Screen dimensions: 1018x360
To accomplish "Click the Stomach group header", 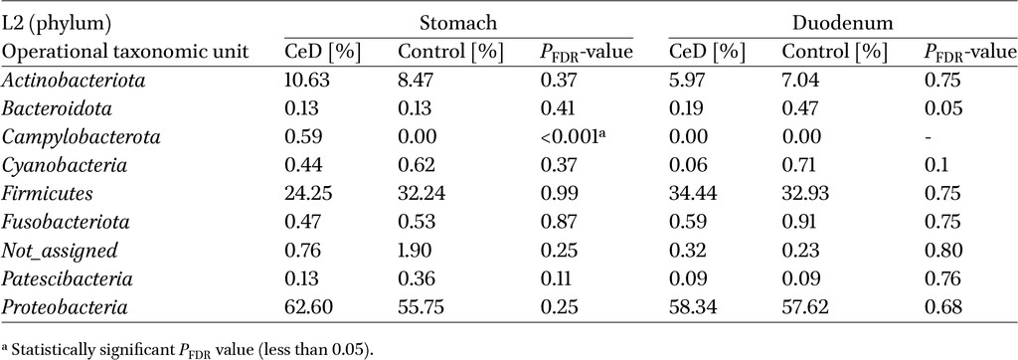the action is click(x=458, y=24).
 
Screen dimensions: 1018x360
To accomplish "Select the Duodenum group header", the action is click(x=843, y=24).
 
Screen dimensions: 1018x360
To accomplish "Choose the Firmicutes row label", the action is click(x=48, y=194).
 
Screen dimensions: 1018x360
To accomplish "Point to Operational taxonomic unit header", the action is click(x=126, y=53).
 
